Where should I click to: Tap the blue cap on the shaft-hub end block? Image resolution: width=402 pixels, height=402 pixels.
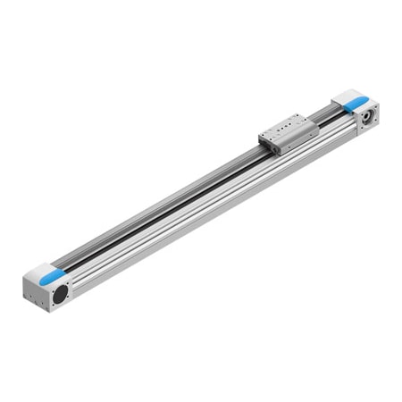350,98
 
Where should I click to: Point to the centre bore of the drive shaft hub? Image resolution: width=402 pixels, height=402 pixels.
366,117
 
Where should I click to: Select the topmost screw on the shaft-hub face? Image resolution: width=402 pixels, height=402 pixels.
373,105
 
